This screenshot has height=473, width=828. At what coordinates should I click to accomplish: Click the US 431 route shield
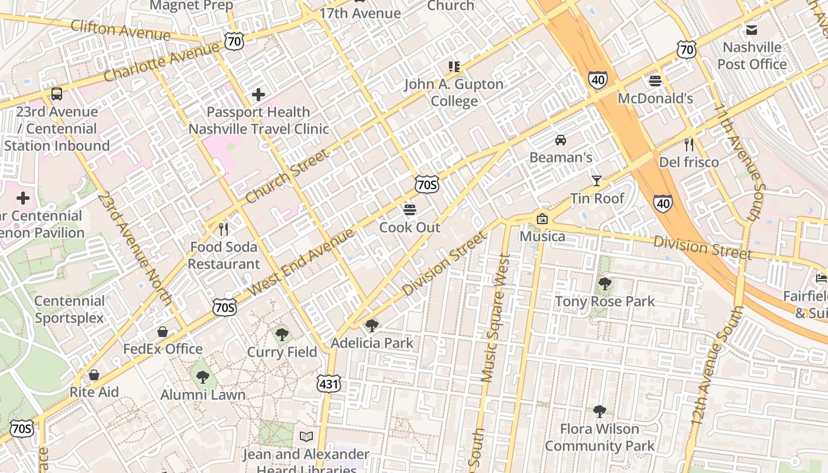(x=328, y=383)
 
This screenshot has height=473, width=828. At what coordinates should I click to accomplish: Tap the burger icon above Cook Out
(x=409, y=210)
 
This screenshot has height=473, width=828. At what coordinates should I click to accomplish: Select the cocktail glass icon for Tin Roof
(x=596, y=181)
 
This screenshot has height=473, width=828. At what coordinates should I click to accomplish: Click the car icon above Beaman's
(x=560, y=140)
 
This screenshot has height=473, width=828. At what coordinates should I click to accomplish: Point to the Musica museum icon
(x=542, y=219)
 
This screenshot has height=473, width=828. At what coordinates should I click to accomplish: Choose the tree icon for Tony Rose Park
(x=604, y=284)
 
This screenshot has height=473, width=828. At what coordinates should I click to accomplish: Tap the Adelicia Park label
(x=372, y=343)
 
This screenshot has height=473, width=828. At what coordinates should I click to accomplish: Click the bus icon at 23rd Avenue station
(x=57, y=93)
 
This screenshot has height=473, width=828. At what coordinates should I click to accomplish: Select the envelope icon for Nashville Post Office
(x=751, y=30)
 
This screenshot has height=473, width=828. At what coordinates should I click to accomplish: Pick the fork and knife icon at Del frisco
(x=688, y=144)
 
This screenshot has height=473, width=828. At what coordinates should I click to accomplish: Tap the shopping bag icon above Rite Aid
(x=93, y=375)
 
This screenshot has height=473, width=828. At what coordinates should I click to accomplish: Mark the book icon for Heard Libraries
(x=306, y=437)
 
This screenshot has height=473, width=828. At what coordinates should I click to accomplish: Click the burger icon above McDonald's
(x=655, y=80)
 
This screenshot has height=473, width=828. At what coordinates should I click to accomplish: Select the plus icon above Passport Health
(x=258, y=94)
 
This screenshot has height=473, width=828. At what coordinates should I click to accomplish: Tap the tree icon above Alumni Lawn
(x=202, y=377)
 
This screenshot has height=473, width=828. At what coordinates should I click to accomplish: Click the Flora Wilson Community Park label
(x=599, y=437)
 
